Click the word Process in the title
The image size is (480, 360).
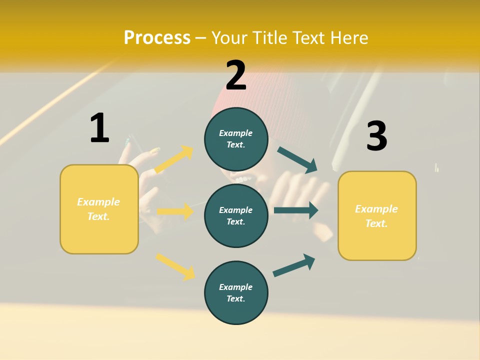[x=157, y=38]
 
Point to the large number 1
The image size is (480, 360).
[x=99, y=128]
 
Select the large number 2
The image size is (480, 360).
[x=236, y=75]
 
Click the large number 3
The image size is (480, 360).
[x=376, y=136]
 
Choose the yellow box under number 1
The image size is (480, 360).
[x=99, y=209]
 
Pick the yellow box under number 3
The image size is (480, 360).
[x=377, y=215]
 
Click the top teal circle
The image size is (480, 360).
[x=236, y=139]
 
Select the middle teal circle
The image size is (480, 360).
[x=236, y=215]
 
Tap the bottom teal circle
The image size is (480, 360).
[x=236, y=292]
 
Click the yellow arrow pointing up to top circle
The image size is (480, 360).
[x=174, y=159]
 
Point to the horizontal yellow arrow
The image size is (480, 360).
[x=175, y=211]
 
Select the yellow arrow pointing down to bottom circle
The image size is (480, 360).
[x=175, y=266]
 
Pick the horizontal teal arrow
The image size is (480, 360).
[x=296, y=210]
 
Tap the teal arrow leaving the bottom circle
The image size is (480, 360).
[x=294, y=265]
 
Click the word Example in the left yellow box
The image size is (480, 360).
[x=98, y=202]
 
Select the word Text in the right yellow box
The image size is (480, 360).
[x=376, y=223]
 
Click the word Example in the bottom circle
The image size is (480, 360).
[x=236, y=287]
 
